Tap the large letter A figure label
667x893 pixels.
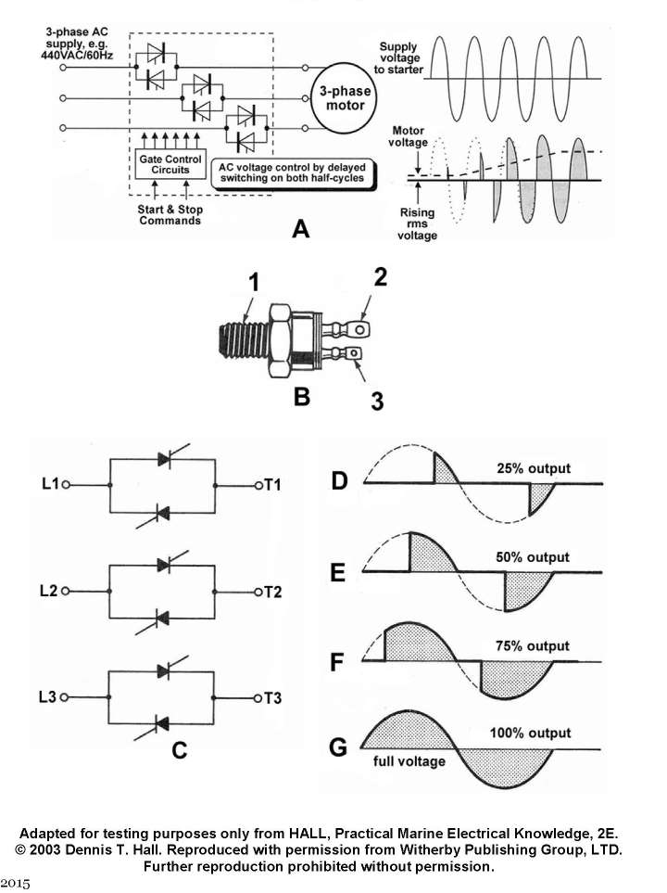pos(299,228)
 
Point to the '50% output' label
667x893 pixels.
pos(533,557)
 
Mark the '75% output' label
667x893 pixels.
pos(533,646)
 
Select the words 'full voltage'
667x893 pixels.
pos(409,761)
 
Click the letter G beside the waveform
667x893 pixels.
pos(340,746)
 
